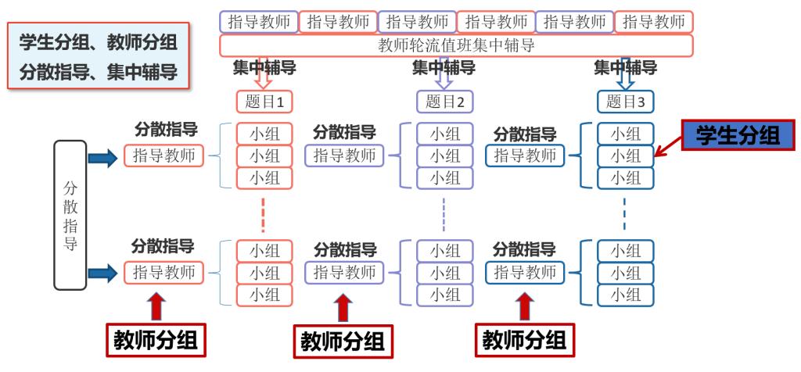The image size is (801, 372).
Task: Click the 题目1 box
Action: tap(264, 101)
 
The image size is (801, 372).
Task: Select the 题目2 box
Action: tap(444, 101)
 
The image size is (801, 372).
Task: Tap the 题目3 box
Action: tap(625, 101)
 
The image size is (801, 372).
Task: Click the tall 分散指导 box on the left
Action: tap(70, 215)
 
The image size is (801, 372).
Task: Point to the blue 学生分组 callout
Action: tap(738, 134)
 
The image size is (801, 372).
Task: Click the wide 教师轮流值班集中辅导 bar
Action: tap(456, 45)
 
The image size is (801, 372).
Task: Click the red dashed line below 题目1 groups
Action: tap(264, 214)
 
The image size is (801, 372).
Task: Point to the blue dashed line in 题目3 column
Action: tap(624, 214)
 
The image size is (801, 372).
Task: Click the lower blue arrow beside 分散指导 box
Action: tap(102, 273)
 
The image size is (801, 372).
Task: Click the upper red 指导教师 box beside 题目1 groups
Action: tap(163, 156)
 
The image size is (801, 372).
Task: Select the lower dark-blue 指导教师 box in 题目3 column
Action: tap(524, 272)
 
